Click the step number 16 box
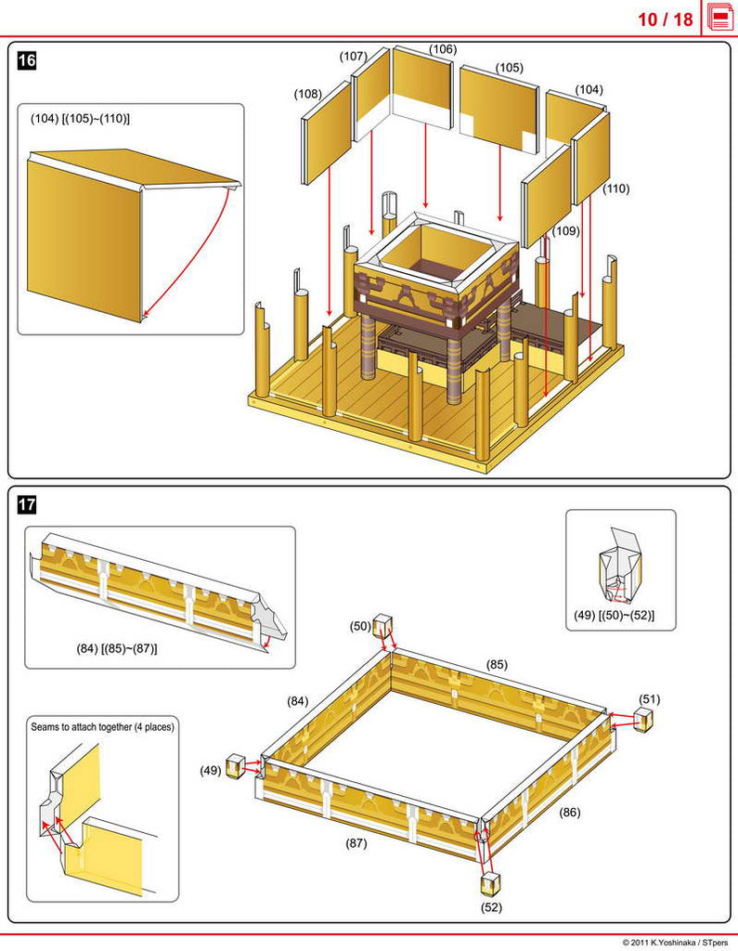(28, 61)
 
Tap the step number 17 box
(28, 505)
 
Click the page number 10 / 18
(665, 20)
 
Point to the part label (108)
(308, 94)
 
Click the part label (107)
(353, 57)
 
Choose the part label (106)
(443, 49)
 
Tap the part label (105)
(509, 68)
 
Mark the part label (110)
(615, 189)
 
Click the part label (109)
(565, 230)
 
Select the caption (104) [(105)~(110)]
(80, 119)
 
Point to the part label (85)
(497, 665)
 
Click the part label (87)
(356, 843)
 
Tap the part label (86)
(570, 812)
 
